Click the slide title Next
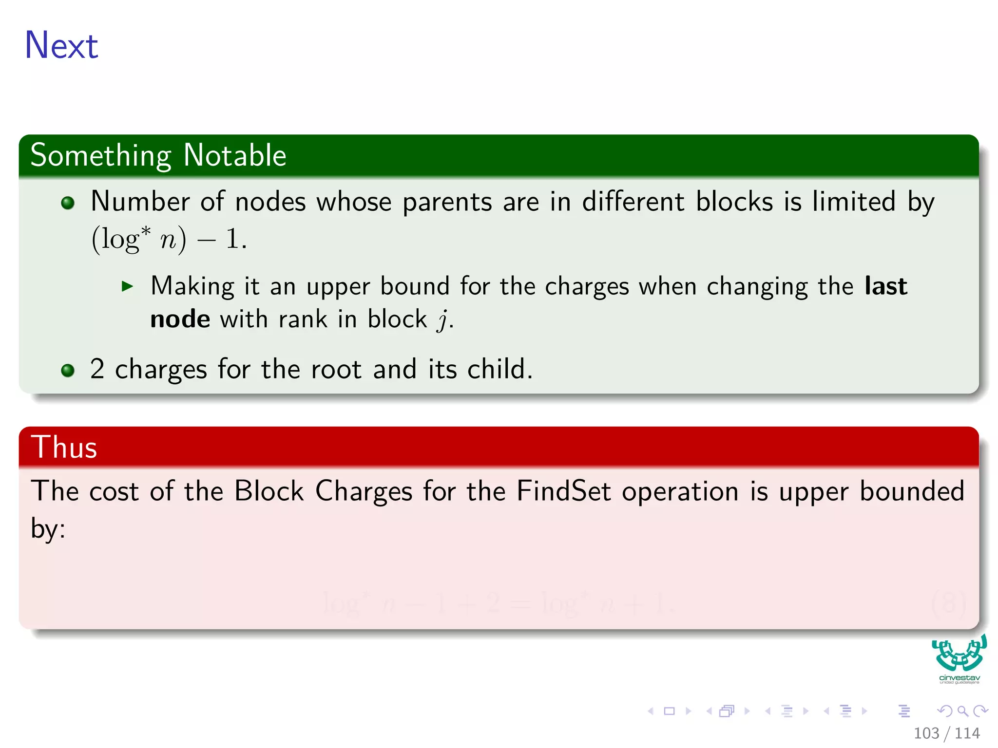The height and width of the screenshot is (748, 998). coord(61,45)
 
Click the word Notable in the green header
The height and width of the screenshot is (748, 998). coord(235,156)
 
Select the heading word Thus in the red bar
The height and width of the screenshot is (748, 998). coord(64,447)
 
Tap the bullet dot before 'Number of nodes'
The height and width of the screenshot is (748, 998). coord(68,203)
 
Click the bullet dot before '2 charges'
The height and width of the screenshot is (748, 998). coord(68,371)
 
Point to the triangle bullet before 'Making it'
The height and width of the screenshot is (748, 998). coord(128,286)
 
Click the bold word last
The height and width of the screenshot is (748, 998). coord(885,286)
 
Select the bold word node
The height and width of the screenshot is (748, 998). coord(180,319)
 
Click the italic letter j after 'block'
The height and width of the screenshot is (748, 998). coord(442,320)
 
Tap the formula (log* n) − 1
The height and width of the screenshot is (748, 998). coord(169,239)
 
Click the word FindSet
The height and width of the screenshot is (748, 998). coord(563,491)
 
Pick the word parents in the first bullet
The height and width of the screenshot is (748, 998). coord(447,202)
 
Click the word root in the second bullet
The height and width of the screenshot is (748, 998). coord(336,369)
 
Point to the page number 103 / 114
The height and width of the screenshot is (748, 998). coord(946,733)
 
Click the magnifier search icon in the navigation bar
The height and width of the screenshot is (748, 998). coord(962,711)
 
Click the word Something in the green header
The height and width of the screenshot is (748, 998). coord(101,156)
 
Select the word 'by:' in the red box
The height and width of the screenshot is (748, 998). coord(48,529)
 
